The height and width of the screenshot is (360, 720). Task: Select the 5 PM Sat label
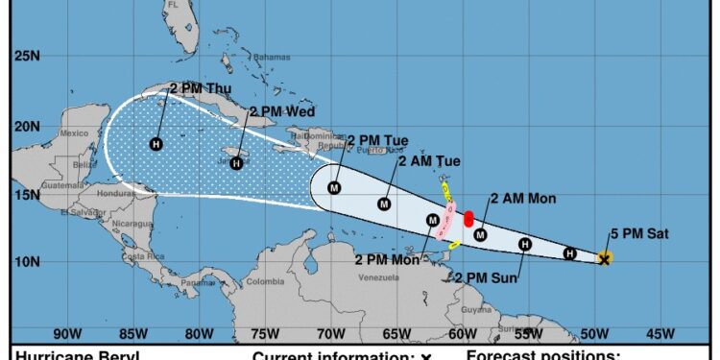click(x=638, y=233)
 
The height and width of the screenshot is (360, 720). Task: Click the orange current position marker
click(x=605, y=258)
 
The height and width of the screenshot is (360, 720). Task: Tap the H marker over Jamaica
click(x=236, y=163)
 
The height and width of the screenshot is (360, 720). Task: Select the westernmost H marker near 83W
click(x=156, y=144)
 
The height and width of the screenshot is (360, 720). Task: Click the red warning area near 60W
click(x=468, y=219)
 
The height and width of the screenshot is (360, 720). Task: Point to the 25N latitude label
click(x=26, y=56)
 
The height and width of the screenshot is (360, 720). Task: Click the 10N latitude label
click(x=26, y=261)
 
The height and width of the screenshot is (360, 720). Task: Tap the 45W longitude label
click(x=660, y=334)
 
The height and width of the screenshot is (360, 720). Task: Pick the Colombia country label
click(x=265, y=282)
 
